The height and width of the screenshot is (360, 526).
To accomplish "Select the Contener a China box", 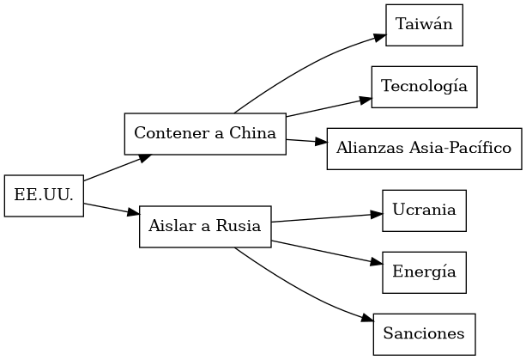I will [x=205, y=134].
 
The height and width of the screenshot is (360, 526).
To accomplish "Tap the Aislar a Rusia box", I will [x=205, y=227].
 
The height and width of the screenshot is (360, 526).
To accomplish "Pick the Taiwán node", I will [x=424, y=25].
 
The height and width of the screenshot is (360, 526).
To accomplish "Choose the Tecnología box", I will [x=424, y=87].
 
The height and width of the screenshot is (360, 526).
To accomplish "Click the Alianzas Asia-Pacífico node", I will [x=424, y=149].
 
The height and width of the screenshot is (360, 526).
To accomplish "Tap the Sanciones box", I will [x=424, y=334].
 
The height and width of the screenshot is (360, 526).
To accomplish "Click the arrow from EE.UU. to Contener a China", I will [x=116, y=168].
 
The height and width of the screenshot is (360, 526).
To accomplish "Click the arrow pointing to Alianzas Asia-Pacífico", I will [x=306, y=141].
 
